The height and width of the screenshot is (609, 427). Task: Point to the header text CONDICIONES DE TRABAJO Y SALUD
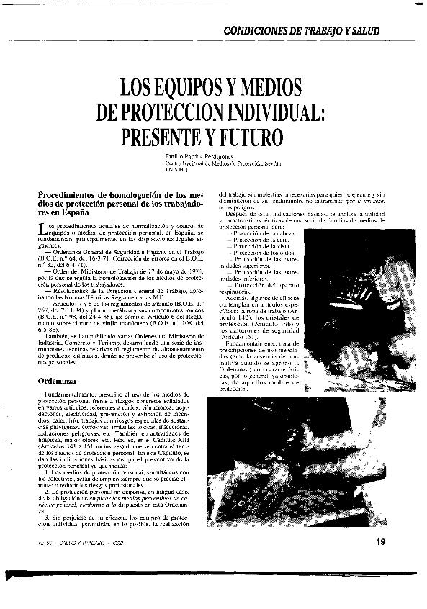pos(301,32)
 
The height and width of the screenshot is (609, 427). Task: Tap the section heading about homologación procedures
pos(120,204)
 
